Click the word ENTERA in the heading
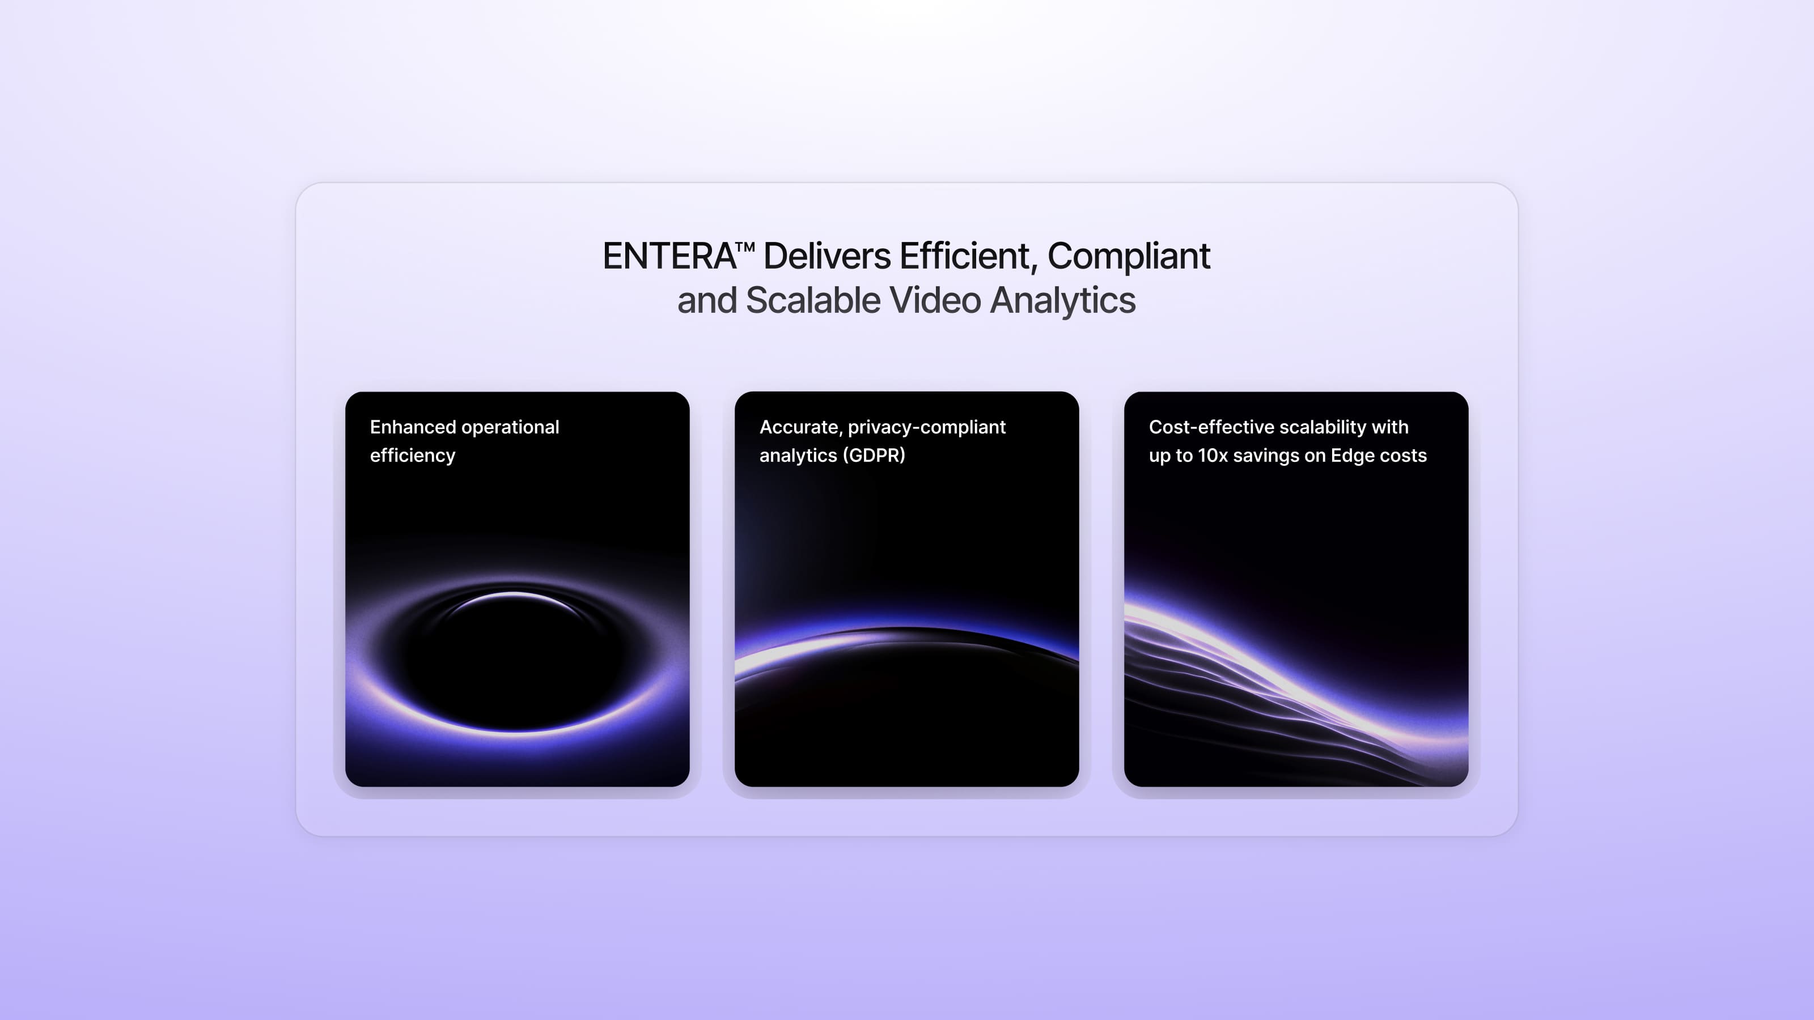click(x=669, y=256)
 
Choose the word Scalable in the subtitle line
click(x=813, y=300)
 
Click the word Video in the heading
click(x=935, y=300)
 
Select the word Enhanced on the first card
click(x=413, y=427)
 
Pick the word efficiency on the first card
click(x=413, y=456)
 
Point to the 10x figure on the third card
click(x=1213, y=456)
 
